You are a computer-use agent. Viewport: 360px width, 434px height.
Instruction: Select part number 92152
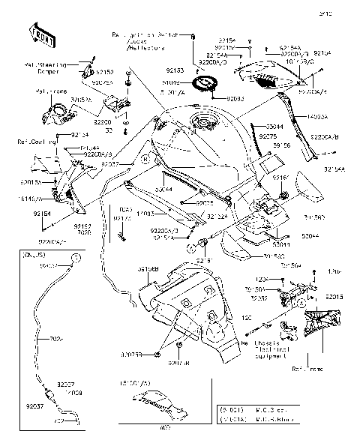[x=106, y=73]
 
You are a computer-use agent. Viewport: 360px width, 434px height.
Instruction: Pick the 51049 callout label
[x=170, y=82]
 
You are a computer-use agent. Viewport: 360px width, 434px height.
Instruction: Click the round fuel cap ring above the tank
[x=204, y=82]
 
